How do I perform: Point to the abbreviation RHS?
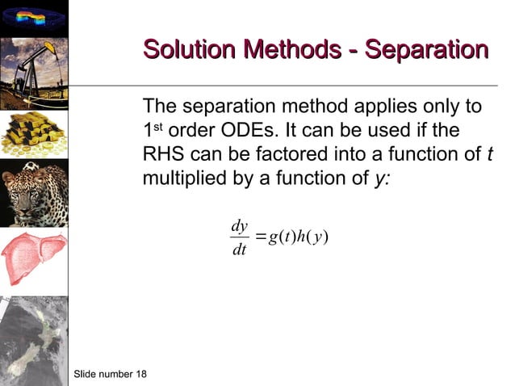163,153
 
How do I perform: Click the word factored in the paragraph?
284,153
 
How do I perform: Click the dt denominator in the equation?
239,250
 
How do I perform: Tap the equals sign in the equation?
260,237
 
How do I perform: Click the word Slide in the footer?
86,374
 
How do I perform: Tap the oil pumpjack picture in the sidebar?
34,72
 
